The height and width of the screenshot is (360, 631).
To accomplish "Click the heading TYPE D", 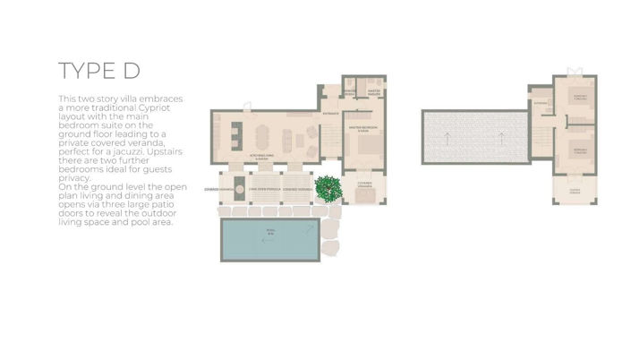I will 99,72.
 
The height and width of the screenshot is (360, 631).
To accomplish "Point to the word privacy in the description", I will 75,178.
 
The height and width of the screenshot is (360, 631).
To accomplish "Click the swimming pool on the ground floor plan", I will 269,238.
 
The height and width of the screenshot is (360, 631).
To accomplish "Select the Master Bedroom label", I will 363,128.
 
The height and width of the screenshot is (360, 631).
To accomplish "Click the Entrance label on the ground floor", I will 330,114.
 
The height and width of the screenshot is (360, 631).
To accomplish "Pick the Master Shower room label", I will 352,91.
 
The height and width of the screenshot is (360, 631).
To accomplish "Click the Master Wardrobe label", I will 375,91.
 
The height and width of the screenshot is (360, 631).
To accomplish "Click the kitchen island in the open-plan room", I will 236,136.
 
